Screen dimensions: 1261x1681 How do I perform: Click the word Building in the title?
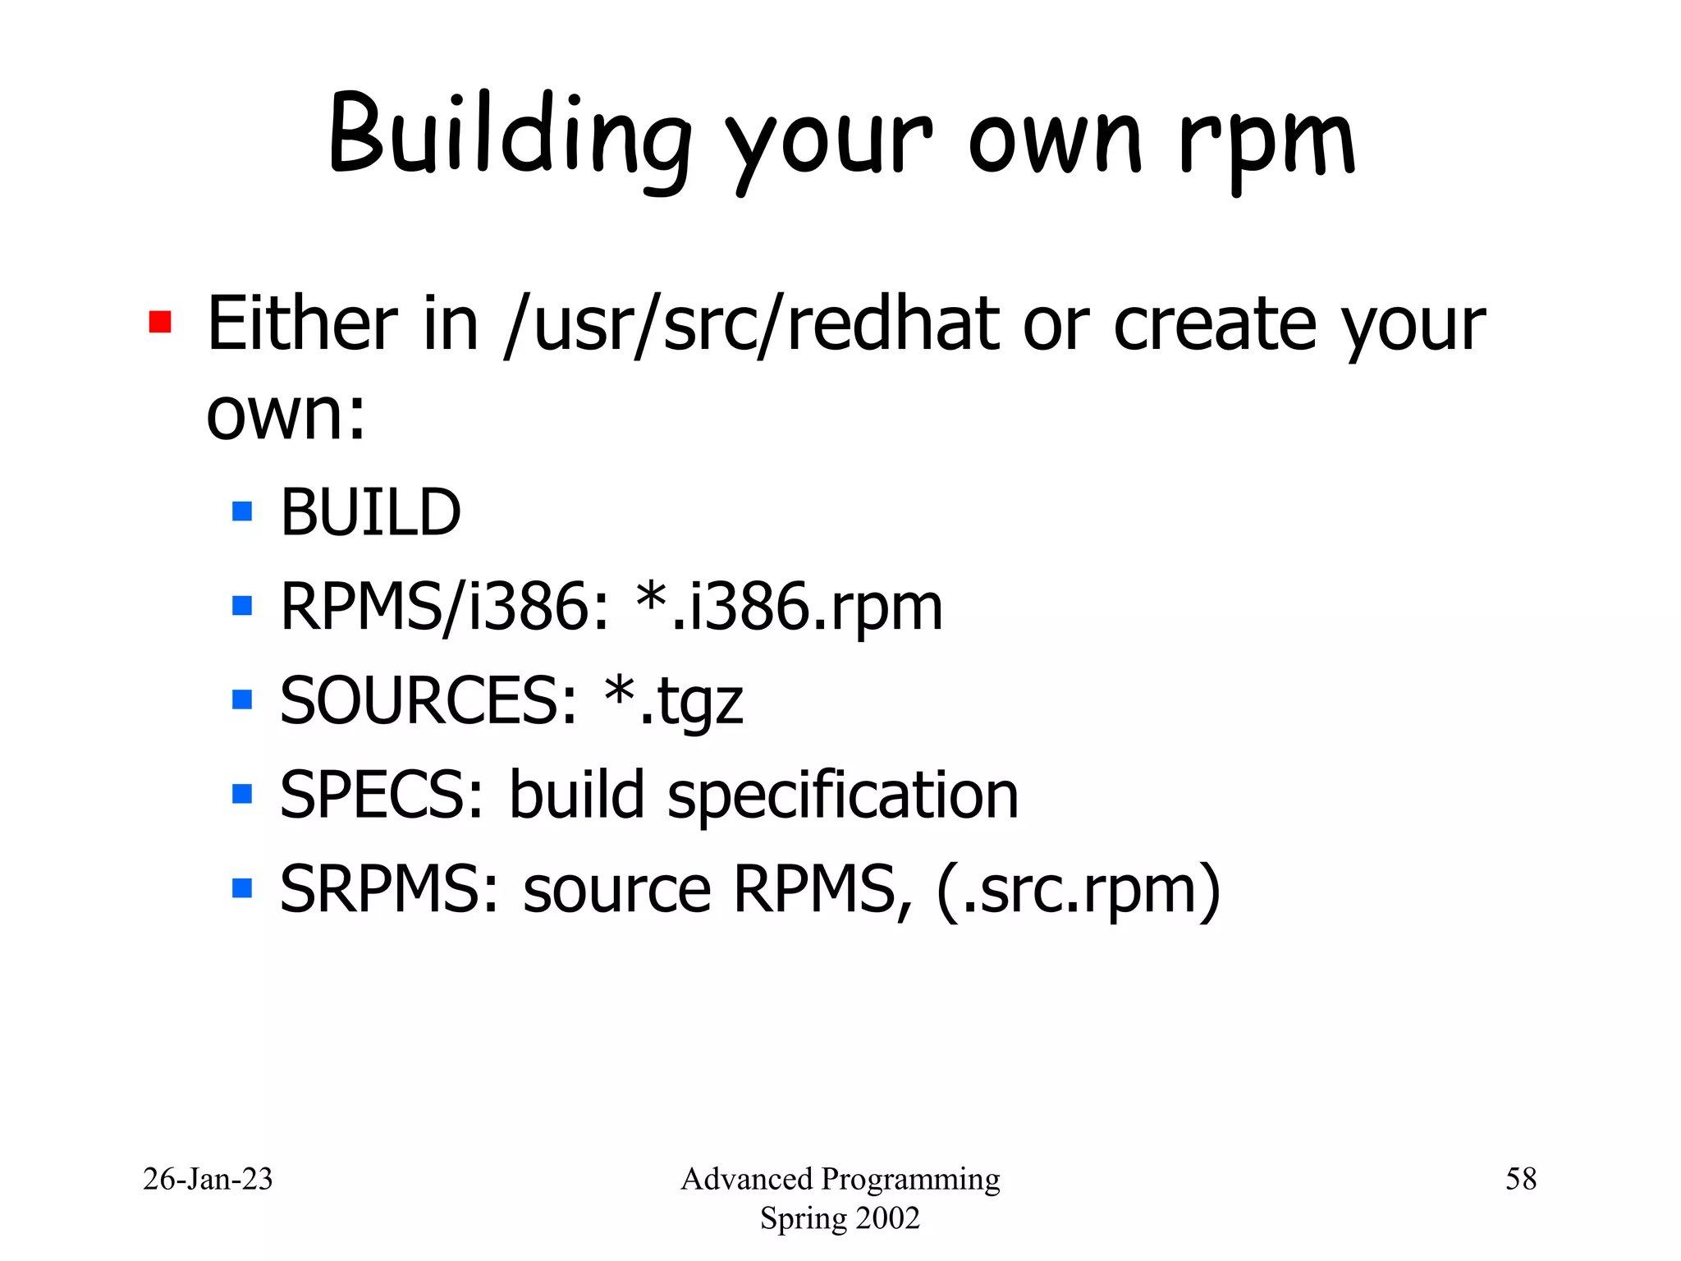[509, 135]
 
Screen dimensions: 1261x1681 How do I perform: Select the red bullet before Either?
[160, 322]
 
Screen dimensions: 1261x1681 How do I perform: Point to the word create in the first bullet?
[1215, 324]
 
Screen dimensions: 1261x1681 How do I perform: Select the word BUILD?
[370, 512]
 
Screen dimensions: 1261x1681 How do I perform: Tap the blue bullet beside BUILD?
[242, 512]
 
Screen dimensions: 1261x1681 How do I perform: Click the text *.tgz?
[673, 701]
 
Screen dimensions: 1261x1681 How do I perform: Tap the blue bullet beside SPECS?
[242, 794]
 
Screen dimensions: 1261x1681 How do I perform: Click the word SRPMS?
[389, 889]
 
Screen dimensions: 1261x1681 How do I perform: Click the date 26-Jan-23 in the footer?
[208, 1179]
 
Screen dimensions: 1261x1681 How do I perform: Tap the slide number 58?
[1520, 1179]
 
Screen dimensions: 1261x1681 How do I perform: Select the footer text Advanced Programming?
[840, 1179]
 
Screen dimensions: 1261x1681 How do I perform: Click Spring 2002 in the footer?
[840, 1218]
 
